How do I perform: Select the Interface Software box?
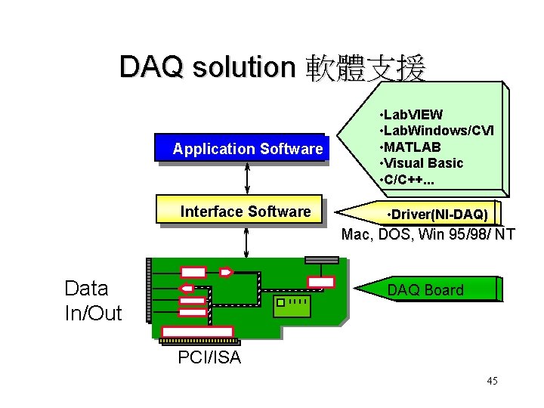click(239, 212)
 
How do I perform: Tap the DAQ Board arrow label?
click(425, 290)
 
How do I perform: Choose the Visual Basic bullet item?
click(424, 163)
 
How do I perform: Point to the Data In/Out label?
click(93, 300)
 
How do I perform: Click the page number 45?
click(492, 381)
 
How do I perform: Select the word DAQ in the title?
click(151, 68)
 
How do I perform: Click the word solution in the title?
click(243, 68)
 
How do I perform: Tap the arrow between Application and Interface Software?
click(248, 180)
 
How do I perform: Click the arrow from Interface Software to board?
click(248, 241)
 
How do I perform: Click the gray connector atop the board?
click(322, 260)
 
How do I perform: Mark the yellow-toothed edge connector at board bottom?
click(199, 342)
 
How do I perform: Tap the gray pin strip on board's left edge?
click(149, 291)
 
